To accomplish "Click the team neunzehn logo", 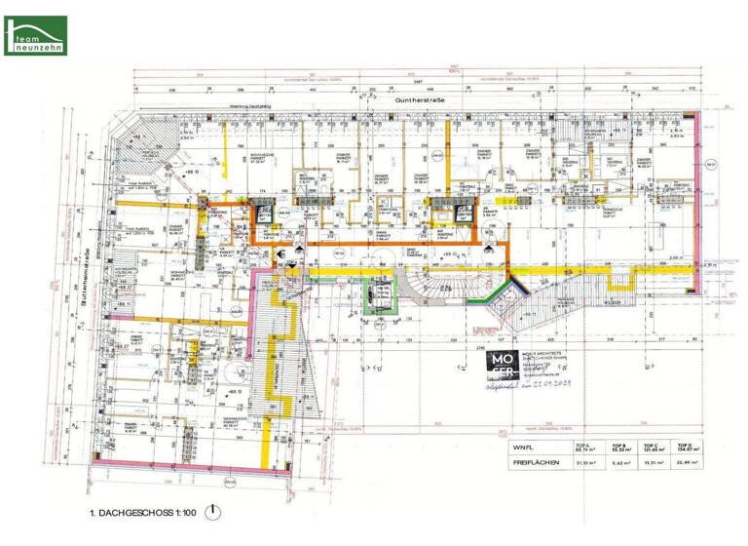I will pos(35,35).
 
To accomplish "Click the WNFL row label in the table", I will pos(526,448).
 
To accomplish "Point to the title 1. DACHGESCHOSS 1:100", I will pos(143,512).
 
